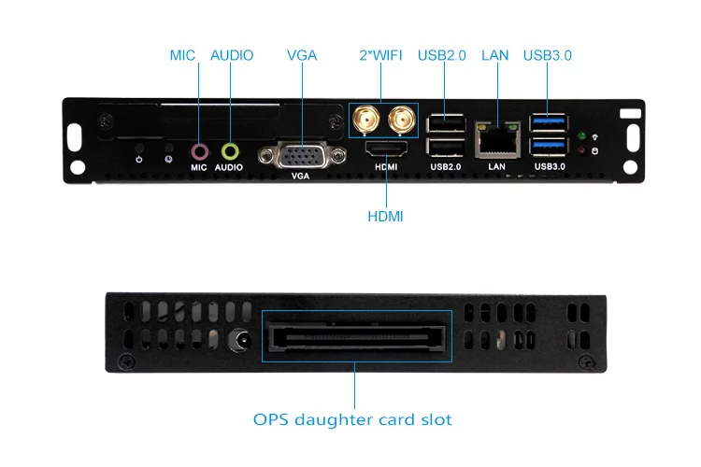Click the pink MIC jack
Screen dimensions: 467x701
[198, 149]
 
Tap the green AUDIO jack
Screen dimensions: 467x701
[230, 149]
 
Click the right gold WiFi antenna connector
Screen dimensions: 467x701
[403, 119]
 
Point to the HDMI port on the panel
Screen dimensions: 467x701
[386, 150]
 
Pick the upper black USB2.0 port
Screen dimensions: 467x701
[446, 122]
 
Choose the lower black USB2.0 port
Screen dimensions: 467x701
[446, 146]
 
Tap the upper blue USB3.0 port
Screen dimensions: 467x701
[549, 121]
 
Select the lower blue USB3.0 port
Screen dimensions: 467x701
[549, 146]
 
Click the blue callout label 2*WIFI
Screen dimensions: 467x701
[380, 55]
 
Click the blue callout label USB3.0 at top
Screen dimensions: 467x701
[547, 55]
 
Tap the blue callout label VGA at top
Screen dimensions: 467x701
[301, 55]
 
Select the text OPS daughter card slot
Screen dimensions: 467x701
[352, 419]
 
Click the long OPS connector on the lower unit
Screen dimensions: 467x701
[355, 336]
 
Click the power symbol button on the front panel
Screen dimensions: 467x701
[139, 149]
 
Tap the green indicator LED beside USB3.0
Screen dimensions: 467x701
[581, 135]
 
